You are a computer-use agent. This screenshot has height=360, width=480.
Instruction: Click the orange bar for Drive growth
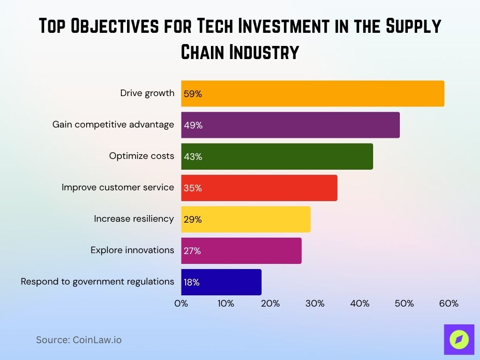pyautogui.click(x=313, y=94)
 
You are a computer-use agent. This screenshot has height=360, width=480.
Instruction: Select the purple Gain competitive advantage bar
pyautogui.click(x=291, y=125)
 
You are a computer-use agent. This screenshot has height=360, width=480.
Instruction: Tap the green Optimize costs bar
pyautogui.click(x=277, y=157)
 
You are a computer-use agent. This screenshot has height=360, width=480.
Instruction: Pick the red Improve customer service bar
pyautogui.click(x=259, y=188)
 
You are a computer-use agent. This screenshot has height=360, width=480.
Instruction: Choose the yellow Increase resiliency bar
pyautogui.click(x=246, y=219)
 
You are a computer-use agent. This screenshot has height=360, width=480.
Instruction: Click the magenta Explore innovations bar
pyautogui.click(x=241, y=251)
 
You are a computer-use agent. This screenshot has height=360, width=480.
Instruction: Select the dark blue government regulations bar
pyautogui.click(x=221, y=282)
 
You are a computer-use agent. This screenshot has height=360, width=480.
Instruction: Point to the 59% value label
pyautogui.click(x=193, y=94)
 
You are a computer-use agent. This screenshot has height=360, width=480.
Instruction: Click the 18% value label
pyautogui.click(x=192, y=283)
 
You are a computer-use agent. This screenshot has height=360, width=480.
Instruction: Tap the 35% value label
pyautogui.click(x=193, y=188)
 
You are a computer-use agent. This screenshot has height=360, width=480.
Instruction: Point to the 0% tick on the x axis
pyautogui.click(x=181, y=304)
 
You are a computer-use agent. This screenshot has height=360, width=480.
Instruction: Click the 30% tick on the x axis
pyautogui.click(x=315, y=304)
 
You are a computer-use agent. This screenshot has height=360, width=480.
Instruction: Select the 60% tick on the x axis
pyautogui.click(x=449, y=304)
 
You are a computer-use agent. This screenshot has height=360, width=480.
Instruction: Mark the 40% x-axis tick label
pyautogui.click(x=360, y=304)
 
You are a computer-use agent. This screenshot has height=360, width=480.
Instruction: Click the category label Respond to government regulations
pyautogui.click(x=97, y=282)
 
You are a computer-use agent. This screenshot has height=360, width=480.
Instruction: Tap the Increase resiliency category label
pyautogui.click(x=134, y=219)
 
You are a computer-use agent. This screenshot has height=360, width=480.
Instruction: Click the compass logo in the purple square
pyautogui.click(x=459, y=339)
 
